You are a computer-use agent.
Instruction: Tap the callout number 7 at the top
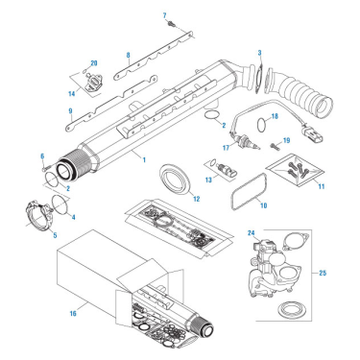pyautogui.click(x=165, y=15)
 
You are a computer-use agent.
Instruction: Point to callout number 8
pyautogui.click(x=128, y=56)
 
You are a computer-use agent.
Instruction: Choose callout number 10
pyautogui.click(x=265, y=205)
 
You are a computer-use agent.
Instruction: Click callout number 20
pyautogui.click(x=93, y=63)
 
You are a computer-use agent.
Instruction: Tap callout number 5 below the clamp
pyautogui.click(x=54, y=233)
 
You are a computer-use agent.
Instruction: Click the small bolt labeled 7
pyautogui.click(x=170, y=26)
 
